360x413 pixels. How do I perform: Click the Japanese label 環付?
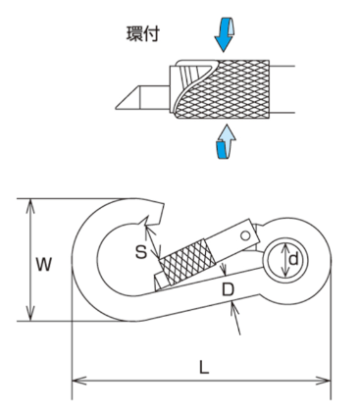pyautogui.click(x=143, y=34)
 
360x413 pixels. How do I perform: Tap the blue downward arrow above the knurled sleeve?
pyautogui.click(x=225, y=33)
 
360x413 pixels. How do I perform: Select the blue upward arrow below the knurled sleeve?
pyautogui.click(x=226, y=141)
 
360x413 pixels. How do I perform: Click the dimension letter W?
pyautogui.click(x=43, y=264)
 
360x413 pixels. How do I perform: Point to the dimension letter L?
pyautogui.click(x=204, y=367)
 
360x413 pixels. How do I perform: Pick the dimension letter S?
pyautogui.click(x=141, y=252)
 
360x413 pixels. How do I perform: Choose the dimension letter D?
pyautogui.click(x=228, y=289)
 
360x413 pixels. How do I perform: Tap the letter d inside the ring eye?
pyautogui.click(x=293, y=259)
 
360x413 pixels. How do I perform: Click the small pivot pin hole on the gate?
pyautogui.click(x=245, y=235)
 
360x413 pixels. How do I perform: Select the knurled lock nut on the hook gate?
pyautogui.click(x=187, y=263)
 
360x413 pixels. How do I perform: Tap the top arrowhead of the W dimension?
pyautogui.click(x=30, y=205)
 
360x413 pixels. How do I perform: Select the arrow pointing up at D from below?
pyautogui.click(x=235, y=318)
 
